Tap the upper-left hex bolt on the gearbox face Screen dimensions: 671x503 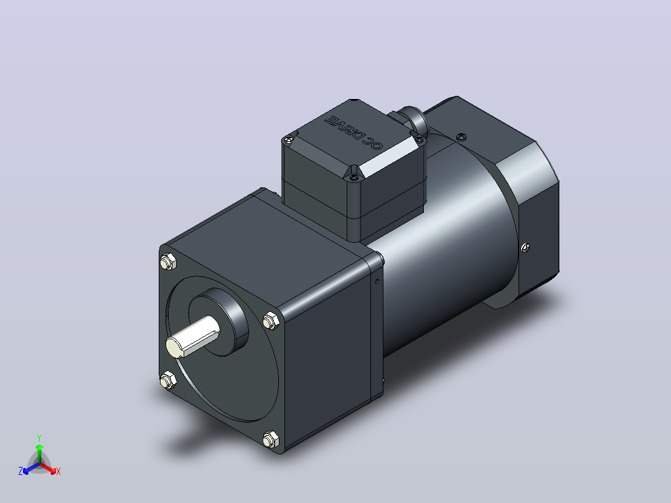pyautogui.click(x=168, y=261)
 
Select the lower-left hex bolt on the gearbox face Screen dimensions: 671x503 pyautogui.click(x=168, y=380)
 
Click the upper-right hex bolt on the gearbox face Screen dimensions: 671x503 pyautogui.click(x=270, y=321)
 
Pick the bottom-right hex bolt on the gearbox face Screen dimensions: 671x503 pyautogui.click(x=270, y=440)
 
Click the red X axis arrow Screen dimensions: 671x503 pyautogui.click(x=47, y=468)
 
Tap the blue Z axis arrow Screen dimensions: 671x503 pyautogui.click(x=31, y=468)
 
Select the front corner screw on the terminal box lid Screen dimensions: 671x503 pyautogui.click(x=353, y=176)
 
